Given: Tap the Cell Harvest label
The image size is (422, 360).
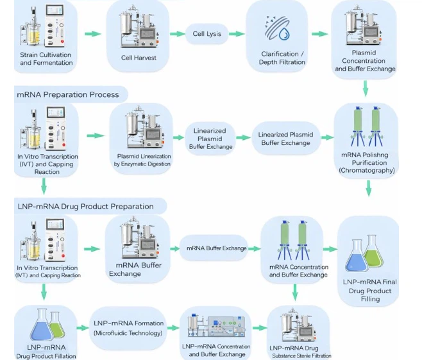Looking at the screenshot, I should (x=140, y=57).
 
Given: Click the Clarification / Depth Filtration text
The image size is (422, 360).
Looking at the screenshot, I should (x=282, y=58).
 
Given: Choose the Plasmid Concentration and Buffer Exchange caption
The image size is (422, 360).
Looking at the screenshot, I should (x=364, y=61).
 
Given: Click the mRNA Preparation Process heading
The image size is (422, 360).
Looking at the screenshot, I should (x=68, y=94).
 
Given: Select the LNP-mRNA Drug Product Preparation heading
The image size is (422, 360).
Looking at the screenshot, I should (x=85, y=207).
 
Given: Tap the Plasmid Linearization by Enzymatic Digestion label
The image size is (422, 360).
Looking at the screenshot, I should (x=142, y=160).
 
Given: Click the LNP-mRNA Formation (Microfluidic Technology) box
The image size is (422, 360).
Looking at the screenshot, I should (x=129, y=327).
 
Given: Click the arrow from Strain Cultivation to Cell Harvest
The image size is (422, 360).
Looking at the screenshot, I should (x=93, y=34).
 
